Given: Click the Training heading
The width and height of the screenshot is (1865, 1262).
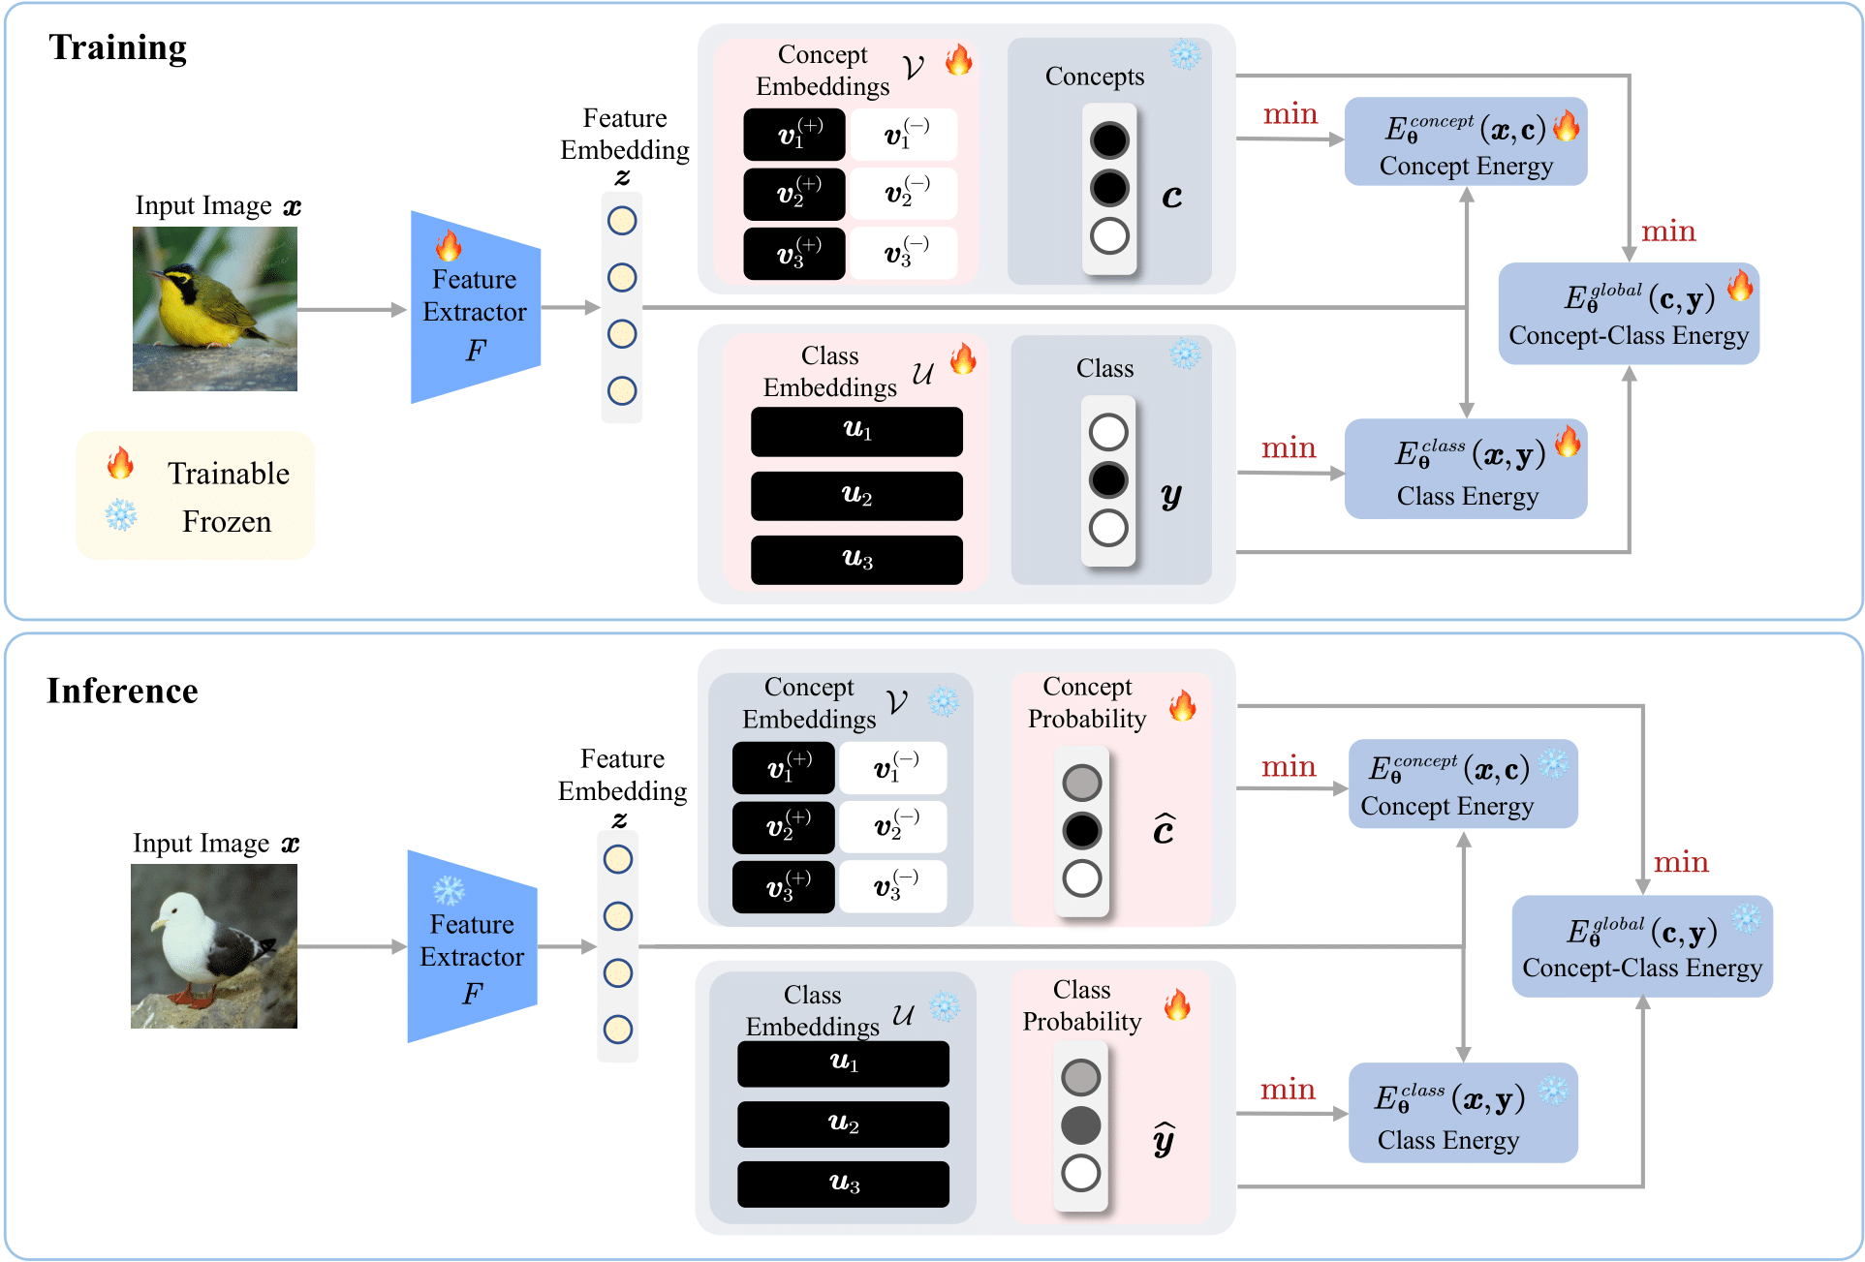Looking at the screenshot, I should click(117, 47).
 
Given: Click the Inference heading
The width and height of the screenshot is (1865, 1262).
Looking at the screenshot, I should click(122, 691).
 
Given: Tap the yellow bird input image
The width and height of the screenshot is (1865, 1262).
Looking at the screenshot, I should click(215, 309).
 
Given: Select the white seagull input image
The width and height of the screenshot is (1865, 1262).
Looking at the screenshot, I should click(214, 946).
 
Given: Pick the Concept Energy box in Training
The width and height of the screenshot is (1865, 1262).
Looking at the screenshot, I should click(1465, 141).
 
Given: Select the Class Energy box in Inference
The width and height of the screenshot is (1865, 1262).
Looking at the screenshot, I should click(1462, 1113).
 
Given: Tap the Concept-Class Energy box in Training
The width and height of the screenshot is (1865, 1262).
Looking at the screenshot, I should click(1628, 314).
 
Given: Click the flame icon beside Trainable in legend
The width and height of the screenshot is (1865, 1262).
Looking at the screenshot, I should click(120, 464).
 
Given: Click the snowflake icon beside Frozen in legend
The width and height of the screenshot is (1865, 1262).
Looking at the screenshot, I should click(121, 515).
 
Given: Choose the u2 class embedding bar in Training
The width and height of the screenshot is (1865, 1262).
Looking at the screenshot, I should click(856, 496).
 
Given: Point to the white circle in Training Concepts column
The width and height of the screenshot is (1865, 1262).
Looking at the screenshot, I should click(1109, 235).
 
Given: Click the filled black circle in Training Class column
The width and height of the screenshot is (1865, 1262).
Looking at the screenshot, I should click(1108, 479).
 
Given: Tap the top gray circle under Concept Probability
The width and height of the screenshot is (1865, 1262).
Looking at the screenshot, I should click(1082, 783).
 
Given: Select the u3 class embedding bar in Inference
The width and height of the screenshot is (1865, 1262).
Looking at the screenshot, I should click(843, 1184).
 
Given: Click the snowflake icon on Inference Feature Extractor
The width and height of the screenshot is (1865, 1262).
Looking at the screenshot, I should click(449, 890).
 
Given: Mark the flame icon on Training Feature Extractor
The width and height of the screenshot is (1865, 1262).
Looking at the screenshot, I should click(449, 246).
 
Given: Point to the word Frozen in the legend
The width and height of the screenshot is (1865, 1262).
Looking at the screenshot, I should click(227, 521).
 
